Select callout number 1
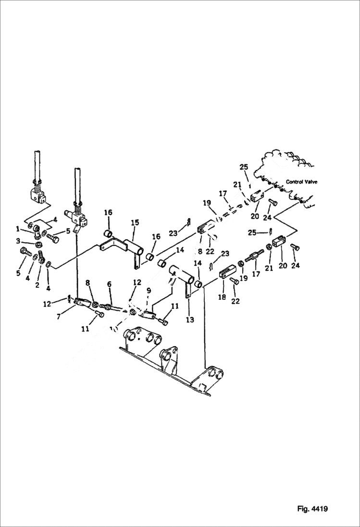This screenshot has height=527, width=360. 18,229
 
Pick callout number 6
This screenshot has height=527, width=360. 110,284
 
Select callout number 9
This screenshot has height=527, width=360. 149,290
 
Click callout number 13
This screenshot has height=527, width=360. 190,320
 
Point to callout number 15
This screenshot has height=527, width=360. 135,223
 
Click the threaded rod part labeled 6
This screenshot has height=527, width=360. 111,306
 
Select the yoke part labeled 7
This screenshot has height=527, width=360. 82,302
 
